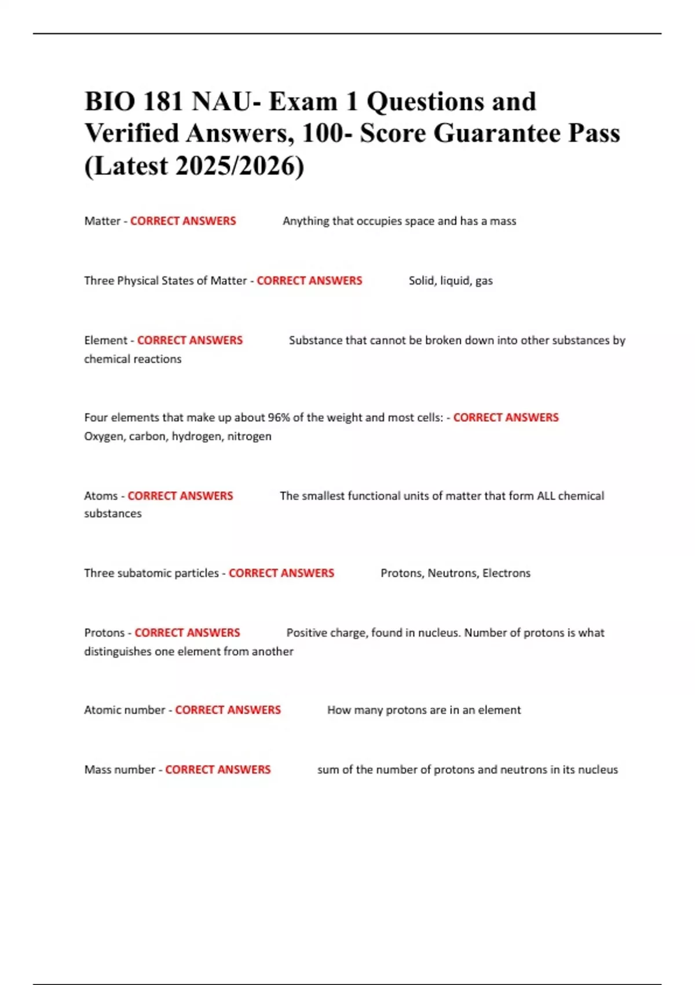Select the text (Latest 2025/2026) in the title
[x=194, y=166]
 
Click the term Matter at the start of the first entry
[x=102, y=221]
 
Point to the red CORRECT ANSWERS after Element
[x=189, y=340]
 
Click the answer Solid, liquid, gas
[x=451, y=280]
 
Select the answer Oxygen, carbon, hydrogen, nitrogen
[x=177, y=436]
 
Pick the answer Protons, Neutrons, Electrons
[x=455, y=573]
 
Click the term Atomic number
[x=125, y=710]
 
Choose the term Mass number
[x=119, y=769]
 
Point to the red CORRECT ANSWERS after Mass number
[x=218, y=769]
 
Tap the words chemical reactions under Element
[x=133, y=359]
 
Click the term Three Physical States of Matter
[x=165, y=280]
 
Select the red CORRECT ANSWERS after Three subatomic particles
[x=281, y=573]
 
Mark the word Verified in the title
[x=131, y=133]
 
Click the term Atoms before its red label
[x=101, y=495]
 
